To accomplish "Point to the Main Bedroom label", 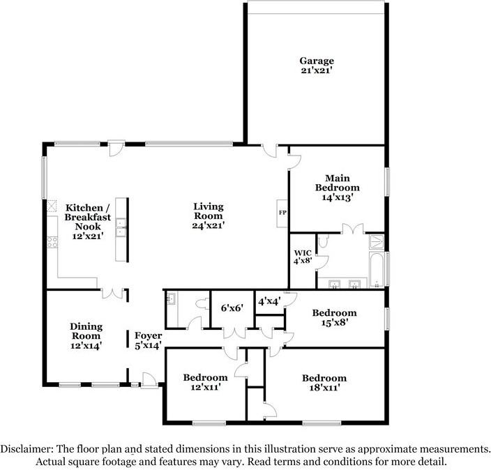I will (x=337, y=188).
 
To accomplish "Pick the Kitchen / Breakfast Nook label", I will (x=86, y=217).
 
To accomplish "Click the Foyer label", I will (x=148, y=340).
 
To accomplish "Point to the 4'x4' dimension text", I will (x=269, y=302).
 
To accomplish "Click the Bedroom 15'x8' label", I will (x=334, y=317).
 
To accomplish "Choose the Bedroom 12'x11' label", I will (x=205, y=382).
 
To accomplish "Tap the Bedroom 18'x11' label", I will (x=324, y=383).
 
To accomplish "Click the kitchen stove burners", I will (x=51, y=243).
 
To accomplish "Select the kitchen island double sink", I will (x=121, y=228).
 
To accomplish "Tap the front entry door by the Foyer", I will (x=149, y=379).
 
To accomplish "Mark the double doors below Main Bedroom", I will (x=352, y=229).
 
